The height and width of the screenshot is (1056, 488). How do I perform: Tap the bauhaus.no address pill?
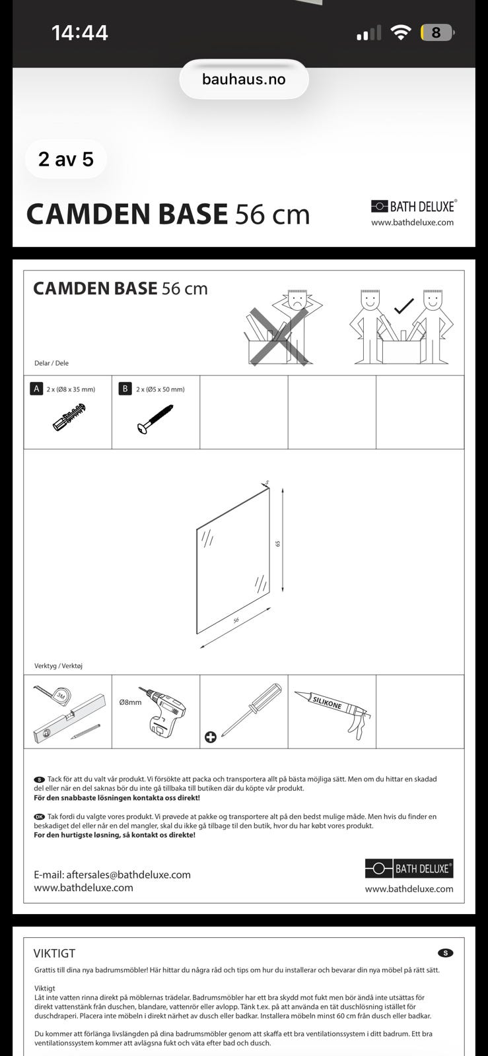(x=244, y=79)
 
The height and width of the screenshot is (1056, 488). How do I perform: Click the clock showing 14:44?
(x=80, y=33)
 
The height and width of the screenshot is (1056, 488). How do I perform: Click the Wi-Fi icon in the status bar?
(x=400, y=32)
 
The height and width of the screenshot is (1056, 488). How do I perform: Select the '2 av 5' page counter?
(x=65, y=159)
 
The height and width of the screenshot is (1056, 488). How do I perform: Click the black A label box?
(x=36, y=389)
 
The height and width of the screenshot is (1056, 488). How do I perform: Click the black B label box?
(x=125, y=389)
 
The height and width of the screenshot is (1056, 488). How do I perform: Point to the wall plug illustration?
(x=69, y=417)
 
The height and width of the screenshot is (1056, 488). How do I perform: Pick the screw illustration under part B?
(x=155, y=418)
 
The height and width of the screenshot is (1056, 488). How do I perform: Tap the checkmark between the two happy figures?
(x=403, y=306)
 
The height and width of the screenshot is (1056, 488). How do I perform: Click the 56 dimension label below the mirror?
(x=236, y=620)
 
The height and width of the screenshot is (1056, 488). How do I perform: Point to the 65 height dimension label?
(x=278, y=544)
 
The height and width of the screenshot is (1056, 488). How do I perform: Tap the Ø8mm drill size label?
(x=130, y=702)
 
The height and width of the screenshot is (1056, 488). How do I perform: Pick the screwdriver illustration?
(x=252, y=709)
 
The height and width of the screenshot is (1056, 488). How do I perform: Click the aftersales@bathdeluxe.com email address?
(x=128, y=874)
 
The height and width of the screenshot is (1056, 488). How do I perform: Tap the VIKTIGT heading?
(x=54, y=953)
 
